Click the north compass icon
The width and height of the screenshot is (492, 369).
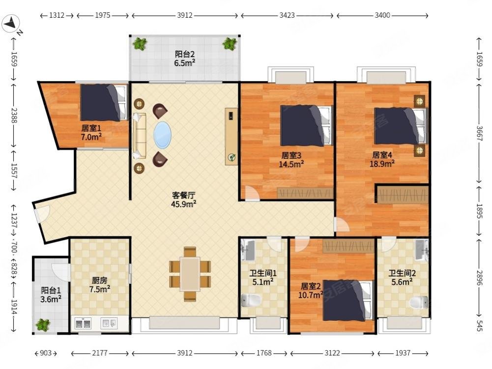tap(11, 24)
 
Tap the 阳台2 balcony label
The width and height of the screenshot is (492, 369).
tap(185, 58)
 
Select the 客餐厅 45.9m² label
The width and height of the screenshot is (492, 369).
tap(184, 199)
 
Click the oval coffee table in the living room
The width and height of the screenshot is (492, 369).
tap(163, 135)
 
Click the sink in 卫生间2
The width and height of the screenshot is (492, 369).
tap(421, 250)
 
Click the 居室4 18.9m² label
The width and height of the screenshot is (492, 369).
tap(382, 160)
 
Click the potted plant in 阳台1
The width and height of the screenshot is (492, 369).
tap(43, 324)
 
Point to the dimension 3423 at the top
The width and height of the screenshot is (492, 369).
tap(287, 15)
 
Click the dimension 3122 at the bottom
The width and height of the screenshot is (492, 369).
tap(333, 353)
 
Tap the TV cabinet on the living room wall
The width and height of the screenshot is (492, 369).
tap(232, 136)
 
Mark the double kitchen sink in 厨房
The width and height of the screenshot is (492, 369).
tap(83, 323)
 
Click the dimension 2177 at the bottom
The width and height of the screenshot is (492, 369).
tap(100, 353)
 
